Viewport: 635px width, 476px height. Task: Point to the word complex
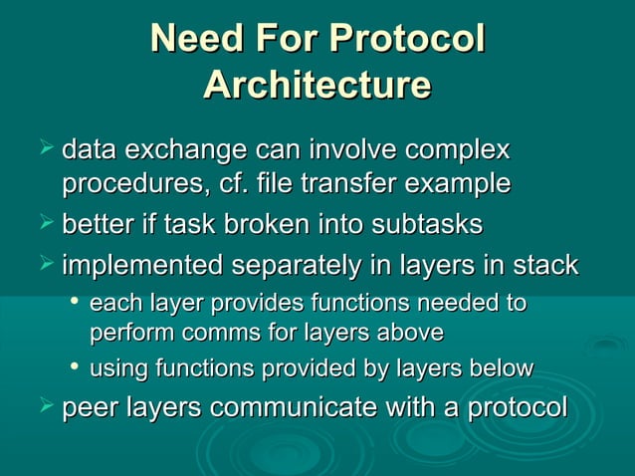click(x=452, y=152)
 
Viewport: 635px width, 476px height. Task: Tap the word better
click(x=102, y=225)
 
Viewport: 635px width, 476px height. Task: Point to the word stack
click(x=543, y=266)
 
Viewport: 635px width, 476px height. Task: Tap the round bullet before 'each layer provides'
click(x=75, y=302)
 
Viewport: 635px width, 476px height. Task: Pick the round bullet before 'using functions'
click(x=75, y=367)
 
